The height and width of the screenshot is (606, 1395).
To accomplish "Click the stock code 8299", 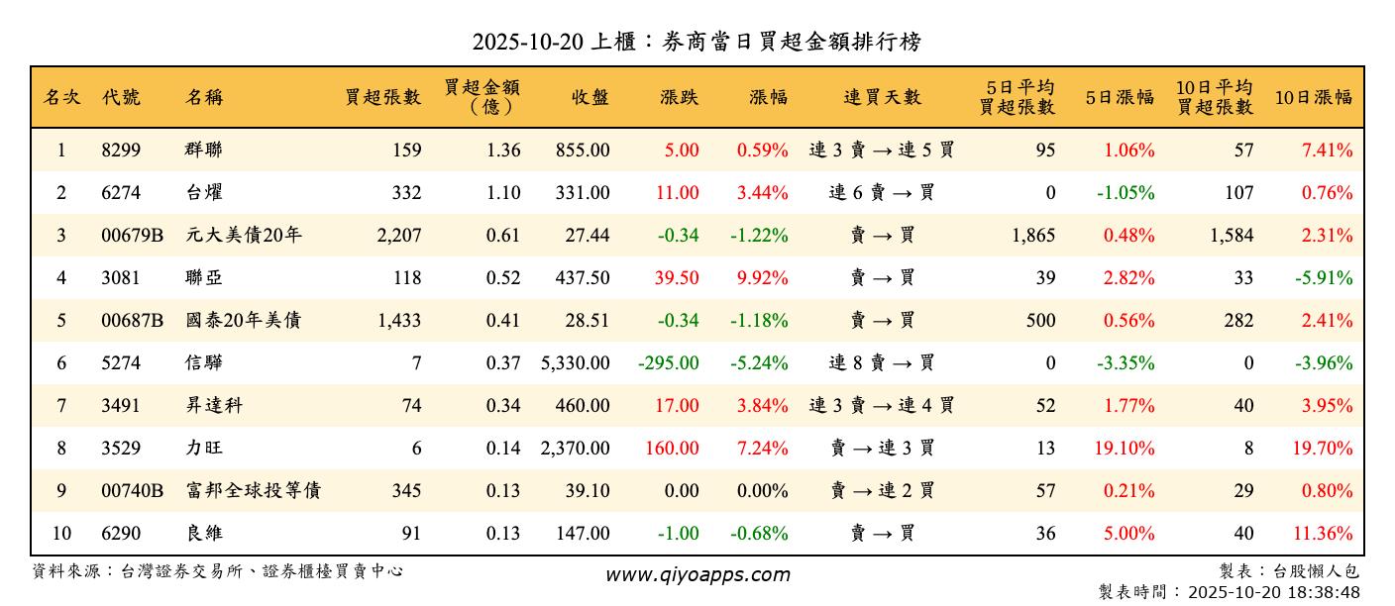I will [x=121, y=151].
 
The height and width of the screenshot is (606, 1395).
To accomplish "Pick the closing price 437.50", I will [x=583, y=278].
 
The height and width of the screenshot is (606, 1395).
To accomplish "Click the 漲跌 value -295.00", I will [x=669, y=363].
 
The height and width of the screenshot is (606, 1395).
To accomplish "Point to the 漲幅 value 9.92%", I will [x=762, y=278].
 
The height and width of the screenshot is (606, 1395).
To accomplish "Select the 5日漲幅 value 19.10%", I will [x=1125, y=449].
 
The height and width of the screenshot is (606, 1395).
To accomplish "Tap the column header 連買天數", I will [x=882, y=97].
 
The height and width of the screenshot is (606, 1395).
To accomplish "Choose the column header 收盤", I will [x=590, y=97].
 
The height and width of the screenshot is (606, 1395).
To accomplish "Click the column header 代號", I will [x=121, y=97].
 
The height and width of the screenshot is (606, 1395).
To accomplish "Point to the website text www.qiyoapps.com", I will [x=697, y=575].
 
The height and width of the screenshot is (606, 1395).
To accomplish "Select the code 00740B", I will [x=132, y=491].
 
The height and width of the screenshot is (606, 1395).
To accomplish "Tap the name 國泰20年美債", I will [x=243, y=321].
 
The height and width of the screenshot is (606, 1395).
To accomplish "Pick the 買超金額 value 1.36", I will [x=503, y=151].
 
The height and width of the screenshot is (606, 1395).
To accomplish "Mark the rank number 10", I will [x=61, y=534].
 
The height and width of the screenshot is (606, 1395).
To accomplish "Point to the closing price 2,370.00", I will [x=576, y=449].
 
